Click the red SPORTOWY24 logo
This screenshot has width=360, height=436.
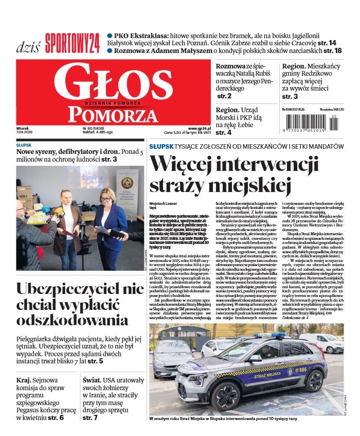click(x=72, y=43)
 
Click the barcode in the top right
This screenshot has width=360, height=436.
click(x=312, y=124)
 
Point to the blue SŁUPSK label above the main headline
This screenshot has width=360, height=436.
click(x=161, y=147)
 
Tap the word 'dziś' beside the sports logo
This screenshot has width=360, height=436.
click(x=28, y=47)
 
